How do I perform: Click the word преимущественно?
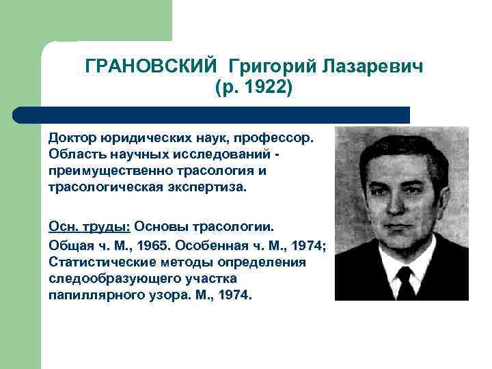coord(113,170)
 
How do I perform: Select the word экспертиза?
coord(206,187)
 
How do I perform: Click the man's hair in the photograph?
coord(400,147)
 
